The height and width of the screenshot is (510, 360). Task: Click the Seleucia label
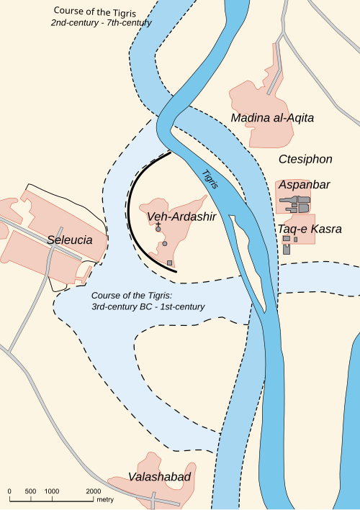click(x=70, y=240)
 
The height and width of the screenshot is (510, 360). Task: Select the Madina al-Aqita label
click(x=273, y=117)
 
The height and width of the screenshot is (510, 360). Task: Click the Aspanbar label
click(x=304, y=185)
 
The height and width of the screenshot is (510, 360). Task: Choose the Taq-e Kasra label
click(x=310, y=229)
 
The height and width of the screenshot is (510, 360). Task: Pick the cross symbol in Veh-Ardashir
click(x=158, y=225)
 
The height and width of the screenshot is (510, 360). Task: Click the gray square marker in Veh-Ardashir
click(x=170, y=264)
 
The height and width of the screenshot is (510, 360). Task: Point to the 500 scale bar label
click(x=30, y=491)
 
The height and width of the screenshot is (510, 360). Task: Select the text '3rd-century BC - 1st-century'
click(x=148, y=307)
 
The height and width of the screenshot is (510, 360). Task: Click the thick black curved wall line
click(x=130, y=209)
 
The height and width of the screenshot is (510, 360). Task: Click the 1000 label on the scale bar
click(x=52, y=491)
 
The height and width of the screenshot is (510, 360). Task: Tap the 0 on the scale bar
click(x=9, y=491)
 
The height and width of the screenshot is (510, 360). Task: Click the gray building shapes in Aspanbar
click(x=295, y=205)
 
